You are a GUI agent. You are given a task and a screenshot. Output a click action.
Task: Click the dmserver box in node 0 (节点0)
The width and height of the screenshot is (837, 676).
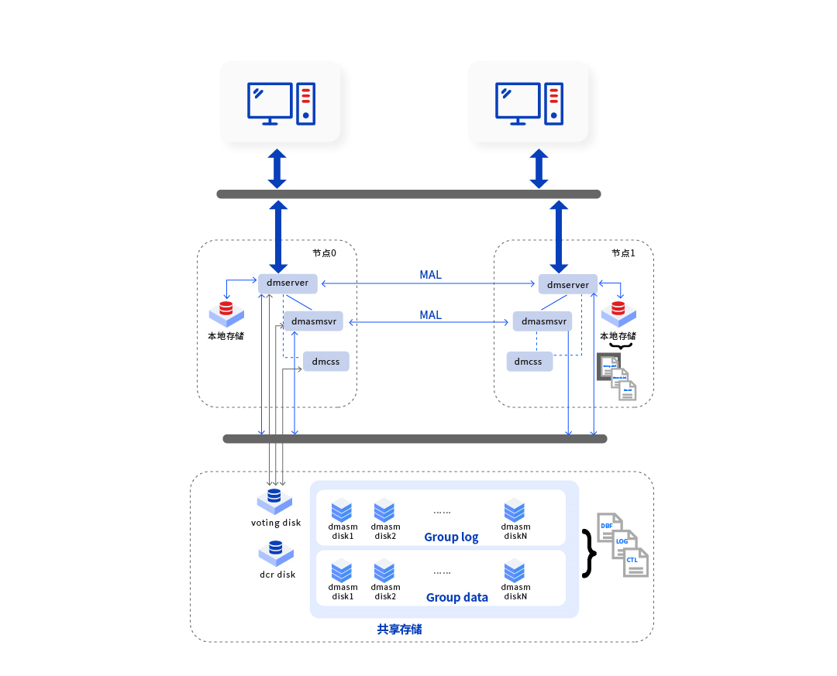point(288,283)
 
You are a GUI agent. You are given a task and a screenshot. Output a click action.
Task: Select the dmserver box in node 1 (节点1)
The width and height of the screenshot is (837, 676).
point(568,285)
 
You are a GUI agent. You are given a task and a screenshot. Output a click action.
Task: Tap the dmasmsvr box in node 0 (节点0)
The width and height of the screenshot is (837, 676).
point(315,321)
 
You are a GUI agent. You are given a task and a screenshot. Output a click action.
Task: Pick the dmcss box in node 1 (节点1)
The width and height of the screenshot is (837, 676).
point(529,362)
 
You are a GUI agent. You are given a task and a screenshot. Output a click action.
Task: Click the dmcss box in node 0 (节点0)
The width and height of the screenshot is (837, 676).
point(325,362)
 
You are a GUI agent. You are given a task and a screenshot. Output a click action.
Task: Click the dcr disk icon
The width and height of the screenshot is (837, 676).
point(276,552)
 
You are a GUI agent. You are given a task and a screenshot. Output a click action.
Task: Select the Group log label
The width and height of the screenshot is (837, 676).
point(451,537)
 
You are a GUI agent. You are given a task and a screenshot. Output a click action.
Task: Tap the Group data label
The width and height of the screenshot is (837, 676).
point(457,598)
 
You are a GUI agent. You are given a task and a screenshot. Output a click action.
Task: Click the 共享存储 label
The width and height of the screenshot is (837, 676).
point(400,630)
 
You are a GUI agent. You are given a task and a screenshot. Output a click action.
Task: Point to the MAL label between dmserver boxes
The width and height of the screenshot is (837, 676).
point(430,276)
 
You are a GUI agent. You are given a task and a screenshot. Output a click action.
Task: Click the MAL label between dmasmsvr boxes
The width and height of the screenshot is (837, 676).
point(430,315)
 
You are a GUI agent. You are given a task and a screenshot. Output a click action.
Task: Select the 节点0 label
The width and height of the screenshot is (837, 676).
point(325,253)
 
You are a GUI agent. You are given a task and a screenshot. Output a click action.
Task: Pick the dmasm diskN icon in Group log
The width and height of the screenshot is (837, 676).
point(515,510)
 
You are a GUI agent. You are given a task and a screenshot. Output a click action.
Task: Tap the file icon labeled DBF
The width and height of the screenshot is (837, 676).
point(608,527)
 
